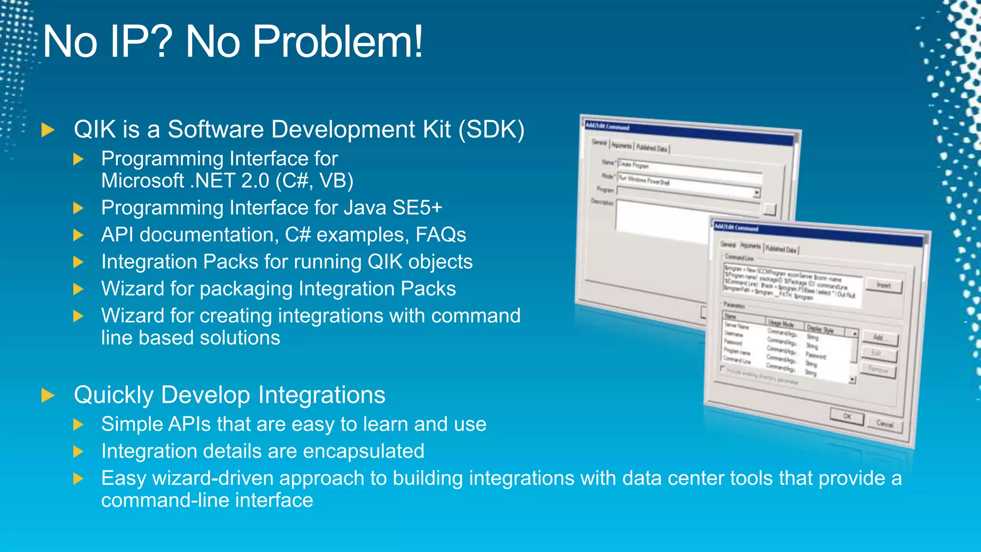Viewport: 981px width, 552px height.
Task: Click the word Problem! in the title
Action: pyautogui.click(x=337, y=42)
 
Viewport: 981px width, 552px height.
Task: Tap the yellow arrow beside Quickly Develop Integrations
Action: pyautogui.click(x=48, y=395)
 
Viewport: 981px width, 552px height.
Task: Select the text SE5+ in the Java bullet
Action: pyautogui.click(x=417, y=208)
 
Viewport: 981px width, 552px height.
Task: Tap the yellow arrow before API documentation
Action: pyautogui.click(x=79, y=235)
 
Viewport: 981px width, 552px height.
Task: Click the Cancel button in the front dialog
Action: pyautogui.click(x=885, y=424)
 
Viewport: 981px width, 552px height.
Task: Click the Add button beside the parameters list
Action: pyautogui.click(x=879, y=338)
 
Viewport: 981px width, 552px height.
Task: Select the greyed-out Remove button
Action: pyautogui.click(x=878, y=369)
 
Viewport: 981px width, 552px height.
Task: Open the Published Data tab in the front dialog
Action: pyautogui.click(x=781, y=249)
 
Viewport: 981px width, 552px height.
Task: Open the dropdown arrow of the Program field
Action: pyautogui.click(x=757, y=193)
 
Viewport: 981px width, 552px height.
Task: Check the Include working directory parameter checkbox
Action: pyautogui.click(x=723, y=368)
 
